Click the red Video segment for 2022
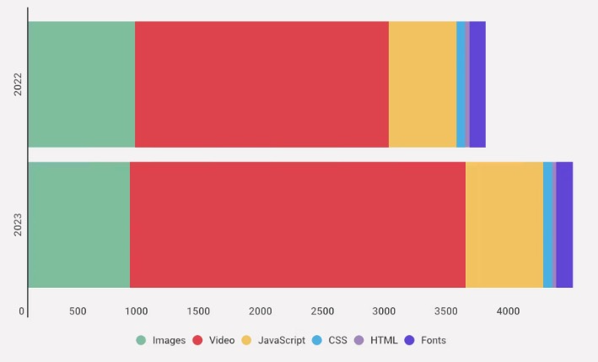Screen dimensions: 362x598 coord(261,84)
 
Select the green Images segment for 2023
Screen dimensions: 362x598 coord(78,224)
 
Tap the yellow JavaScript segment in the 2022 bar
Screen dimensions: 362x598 coord(422,84)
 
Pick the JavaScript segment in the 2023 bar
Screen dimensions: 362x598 coord(504,224)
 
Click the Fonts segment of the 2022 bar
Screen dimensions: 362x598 coord(477,84)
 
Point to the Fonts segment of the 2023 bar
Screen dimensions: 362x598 coord(564,224)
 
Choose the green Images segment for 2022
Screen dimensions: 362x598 coord(81,84)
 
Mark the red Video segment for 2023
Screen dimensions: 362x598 coord(297,224)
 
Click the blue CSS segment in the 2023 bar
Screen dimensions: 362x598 coord(547,224)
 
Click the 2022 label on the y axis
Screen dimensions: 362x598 coord(18,84)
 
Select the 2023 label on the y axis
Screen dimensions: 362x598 coord(18,224)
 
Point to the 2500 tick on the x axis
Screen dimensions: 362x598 coord(322,311)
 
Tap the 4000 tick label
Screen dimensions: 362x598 coord(507,311)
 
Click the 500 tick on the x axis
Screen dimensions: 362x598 coord(78,311)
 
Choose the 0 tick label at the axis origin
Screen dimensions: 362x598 coord(22,311)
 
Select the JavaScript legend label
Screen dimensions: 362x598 coord(281,340)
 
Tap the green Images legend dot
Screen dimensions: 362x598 coord(141,340)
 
